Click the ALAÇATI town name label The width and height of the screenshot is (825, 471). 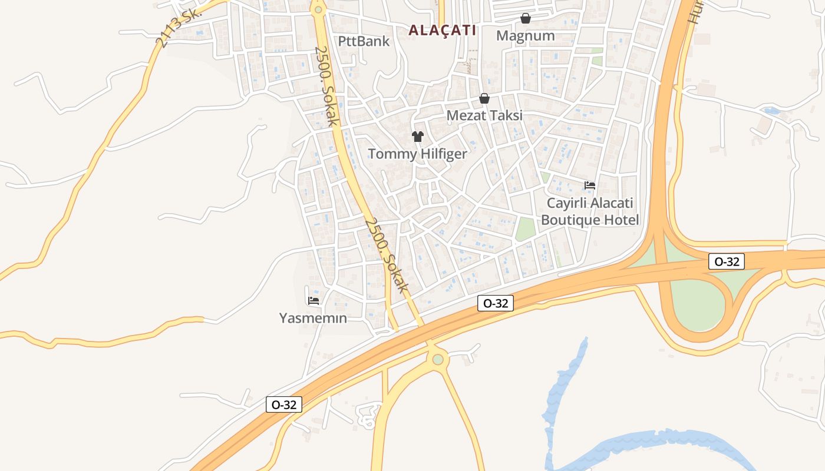point(442,30)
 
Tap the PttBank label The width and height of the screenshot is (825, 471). point(364,41)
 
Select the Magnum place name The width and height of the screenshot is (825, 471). point(525,36)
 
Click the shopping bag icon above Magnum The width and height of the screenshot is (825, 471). point(526,18)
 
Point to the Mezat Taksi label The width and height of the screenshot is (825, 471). point(484,115)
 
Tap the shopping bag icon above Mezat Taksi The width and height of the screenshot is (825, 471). point(484,98)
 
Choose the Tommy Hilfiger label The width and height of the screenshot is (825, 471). point(417,154)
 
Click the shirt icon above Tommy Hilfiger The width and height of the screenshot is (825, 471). point(418,137)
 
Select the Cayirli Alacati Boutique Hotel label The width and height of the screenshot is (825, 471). point(590,212)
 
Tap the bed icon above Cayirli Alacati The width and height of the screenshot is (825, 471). point(590,185)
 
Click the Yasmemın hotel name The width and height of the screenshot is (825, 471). point(313,319)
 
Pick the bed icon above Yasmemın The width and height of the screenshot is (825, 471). point(313,300)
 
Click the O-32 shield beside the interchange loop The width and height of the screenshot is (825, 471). point(727,261)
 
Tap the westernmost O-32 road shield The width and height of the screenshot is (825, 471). point(284,405)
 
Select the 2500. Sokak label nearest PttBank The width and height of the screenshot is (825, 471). point(326,86)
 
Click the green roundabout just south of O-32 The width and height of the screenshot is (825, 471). point(437,359)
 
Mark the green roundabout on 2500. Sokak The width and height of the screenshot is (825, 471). point(319,9)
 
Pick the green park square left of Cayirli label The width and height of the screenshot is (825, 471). point(525,229)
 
